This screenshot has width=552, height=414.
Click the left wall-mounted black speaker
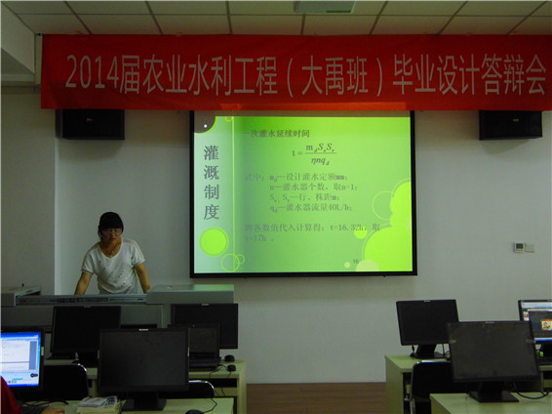point(90,123)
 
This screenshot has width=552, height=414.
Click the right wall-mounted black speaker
point(509,124)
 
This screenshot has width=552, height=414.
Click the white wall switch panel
point(524,247)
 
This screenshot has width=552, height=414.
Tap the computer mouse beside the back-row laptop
point(230,368)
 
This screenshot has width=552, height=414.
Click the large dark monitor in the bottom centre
point(143,361)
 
